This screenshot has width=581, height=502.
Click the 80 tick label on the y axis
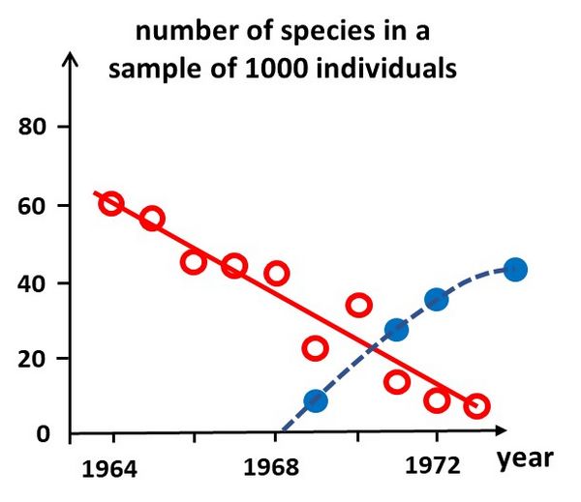[36, 127]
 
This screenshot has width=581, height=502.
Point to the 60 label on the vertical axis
[36, 206]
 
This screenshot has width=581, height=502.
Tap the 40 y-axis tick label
[36, 283]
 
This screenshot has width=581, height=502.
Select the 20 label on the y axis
[36, 359]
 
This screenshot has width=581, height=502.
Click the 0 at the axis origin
[43, 433]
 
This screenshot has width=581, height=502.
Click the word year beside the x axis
[525, 458]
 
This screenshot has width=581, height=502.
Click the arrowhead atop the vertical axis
[70, 60]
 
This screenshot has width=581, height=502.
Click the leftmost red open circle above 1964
[111, 203]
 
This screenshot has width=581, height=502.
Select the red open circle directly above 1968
[276, 273]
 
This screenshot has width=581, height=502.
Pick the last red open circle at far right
[476, 405]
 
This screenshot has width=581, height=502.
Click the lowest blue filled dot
[315, 400]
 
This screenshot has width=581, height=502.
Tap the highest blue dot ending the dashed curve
[515, 269]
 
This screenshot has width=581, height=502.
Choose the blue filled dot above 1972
[436, 299]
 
